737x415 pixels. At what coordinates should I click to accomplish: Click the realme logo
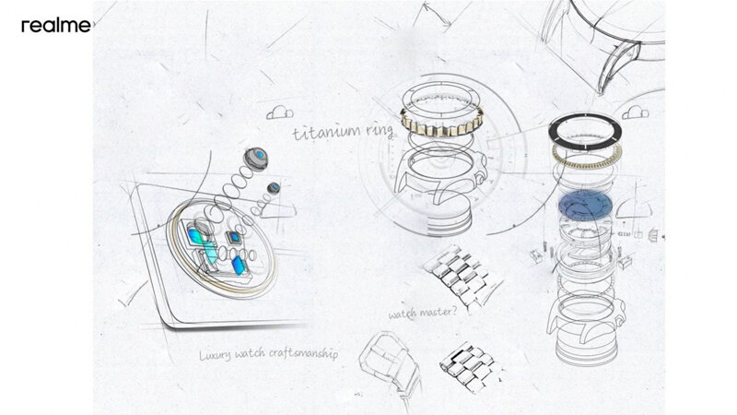pos(56,26)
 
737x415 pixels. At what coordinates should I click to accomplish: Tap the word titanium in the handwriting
pos(327,132)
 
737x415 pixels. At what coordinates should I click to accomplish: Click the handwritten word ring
pos(379,130)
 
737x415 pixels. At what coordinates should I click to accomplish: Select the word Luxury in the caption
pos(215,355)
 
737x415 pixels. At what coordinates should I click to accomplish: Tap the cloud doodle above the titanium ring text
pos(280,113)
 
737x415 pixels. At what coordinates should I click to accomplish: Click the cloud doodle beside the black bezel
pos(636,113)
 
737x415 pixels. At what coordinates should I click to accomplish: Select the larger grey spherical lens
pos(256,159)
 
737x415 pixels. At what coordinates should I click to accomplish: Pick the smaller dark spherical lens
pos(274,188)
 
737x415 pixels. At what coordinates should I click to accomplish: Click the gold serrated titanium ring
pos(441,122)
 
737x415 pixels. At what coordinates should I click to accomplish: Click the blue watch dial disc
pos(585,206)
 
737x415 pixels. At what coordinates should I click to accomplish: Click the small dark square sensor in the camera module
pos(233,238)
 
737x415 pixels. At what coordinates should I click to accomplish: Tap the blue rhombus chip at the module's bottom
pos(239,266)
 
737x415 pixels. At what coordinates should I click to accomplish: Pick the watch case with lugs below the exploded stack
pos(585,325)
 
